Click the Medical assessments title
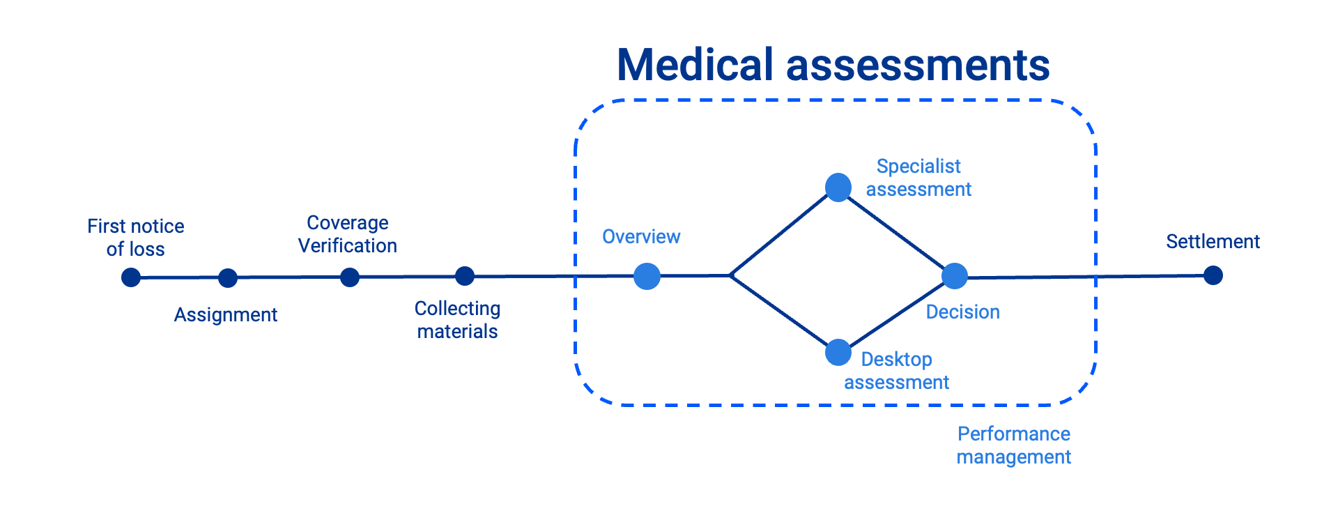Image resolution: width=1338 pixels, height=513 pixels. pos(833,65)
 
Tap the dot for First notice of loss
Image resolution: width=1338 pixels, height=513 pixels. pos(131,277)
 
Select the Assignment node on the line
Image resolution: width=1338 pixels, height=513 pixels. pos(228,278)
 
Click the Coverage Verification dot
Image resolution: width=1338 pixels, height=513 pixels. pos(350,277)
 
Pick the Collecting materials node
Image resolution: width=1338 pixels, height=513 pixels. pos(465,276)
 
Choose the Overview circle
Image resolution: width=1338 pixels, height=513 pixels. pos(647,276)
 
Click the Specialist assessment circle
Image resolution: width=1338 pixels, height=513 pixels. pos(838,187)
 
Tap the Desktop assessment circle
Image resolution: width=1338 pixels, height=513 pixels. pos(838,353)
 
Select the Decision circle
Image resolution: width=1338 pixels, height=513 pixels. pos(955,276)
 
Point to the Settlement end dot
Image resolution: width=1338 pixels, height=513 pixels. pos(1213,275)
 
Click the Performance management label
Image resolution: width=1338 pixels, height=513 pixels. pos(1013,445)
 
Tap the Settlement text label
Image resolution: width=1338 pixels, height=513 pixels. pos(1213,242)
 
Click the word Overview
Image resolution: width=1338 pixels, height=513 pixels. pos(641,237)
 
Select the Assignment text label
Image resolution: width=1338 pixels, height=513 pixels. pos(226,315)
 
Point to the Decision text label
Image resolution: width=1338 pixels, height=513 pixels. pos(962,312)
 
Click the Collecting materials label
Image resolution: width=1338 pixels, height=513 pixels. pos(457,320)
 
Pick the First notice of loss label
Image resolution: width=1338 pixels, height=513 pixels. pos(136,238)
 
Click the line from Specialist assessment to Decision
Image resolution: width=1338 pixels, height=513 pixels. pos(897,231)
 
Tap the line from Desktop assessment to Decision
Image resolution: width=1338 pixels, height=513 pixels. pos(896,315)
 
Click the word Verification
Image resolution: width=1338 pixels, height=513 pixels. pos(348,246)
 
